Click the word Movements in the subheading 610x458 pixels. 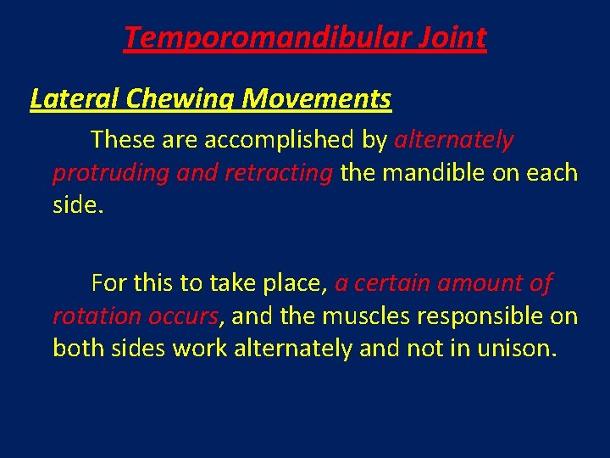point(317,99)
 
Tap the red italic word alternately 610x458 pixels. point(454,138)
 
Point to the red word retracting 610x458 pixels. point(279,173)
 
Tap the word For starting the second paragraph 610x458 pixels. point(109,282)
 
